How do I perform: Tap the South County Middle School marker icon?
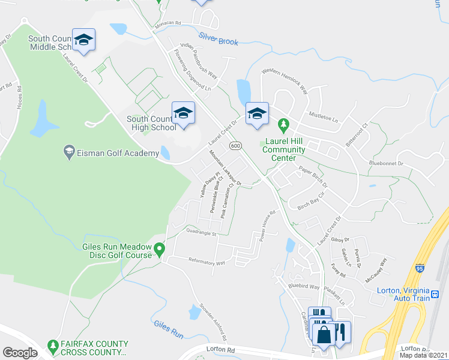tap(83, 40)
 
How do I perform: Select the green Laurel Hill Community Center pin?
tap(284, 126)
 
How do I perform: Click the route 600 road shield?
tap(235, 146)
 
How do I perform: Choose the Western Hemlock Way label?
tap(284, 82)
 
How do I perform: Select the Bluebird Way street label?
tap(303, 287)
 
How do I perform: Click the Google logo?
tap(20, 353)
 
